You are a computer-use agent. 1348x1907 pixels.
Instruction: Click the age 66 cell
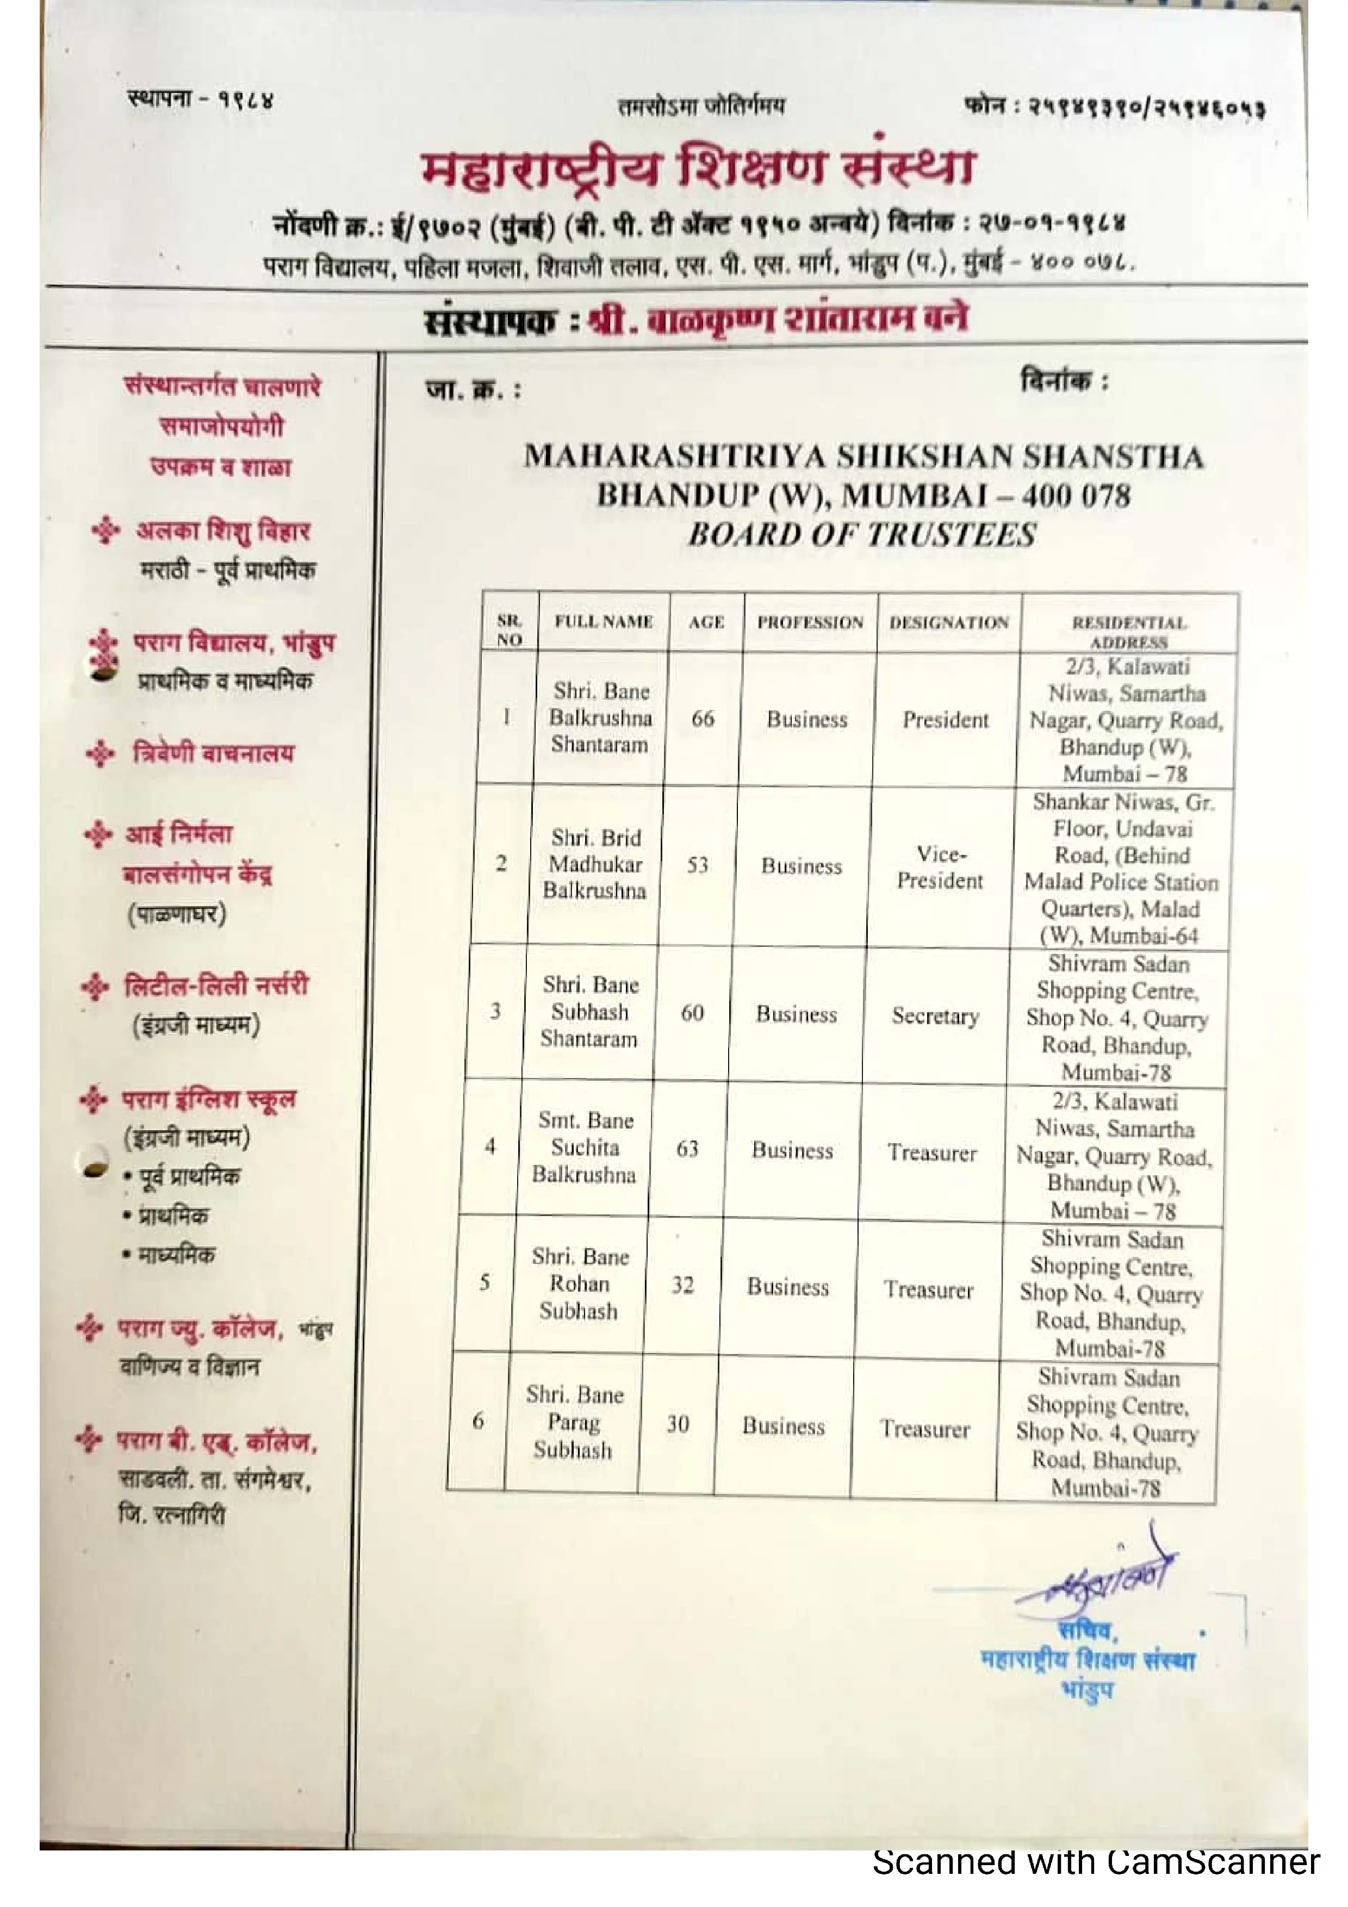(x=703, y=719)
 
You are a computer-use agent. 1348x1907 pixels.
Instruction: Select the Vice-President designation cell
(x=940, y=867)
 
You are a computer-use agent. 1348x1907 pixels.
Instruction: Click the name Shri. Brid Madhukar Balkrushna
(x=595, y=864)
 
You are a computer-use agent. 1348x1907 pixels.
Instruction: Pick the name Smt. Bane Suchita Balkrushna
(x=584, y=1147)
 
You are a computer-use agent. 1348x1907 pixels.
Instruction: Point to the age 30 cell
(x=678, y=1424)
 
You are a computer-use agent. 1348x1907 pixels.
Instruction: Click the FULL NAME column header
(x=604, y=621)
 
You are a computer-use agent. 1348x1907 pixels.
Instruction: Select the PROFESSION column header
(x=810, y=622)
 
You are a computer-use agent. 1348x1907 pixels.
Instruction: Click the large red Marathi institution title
(x=698, y=169)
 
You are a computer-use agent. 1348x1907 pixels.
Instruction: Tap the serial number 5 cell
(x=484, y=1282)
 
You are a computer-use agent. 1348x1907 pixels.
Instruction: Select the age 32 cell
(x=683, y=1285)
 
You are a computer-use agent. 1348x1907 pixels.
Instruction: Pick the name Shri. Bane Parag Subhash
(x=574, y=1422)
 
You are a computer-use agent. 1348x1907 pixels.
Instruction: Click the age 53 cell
(x=698, y=865)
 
